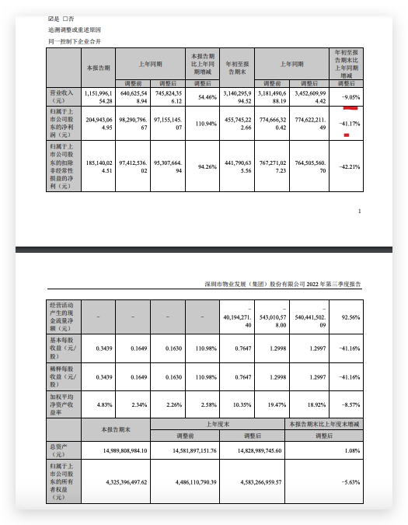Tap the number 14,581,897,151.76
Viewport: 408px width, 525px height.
coord(188,450)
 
